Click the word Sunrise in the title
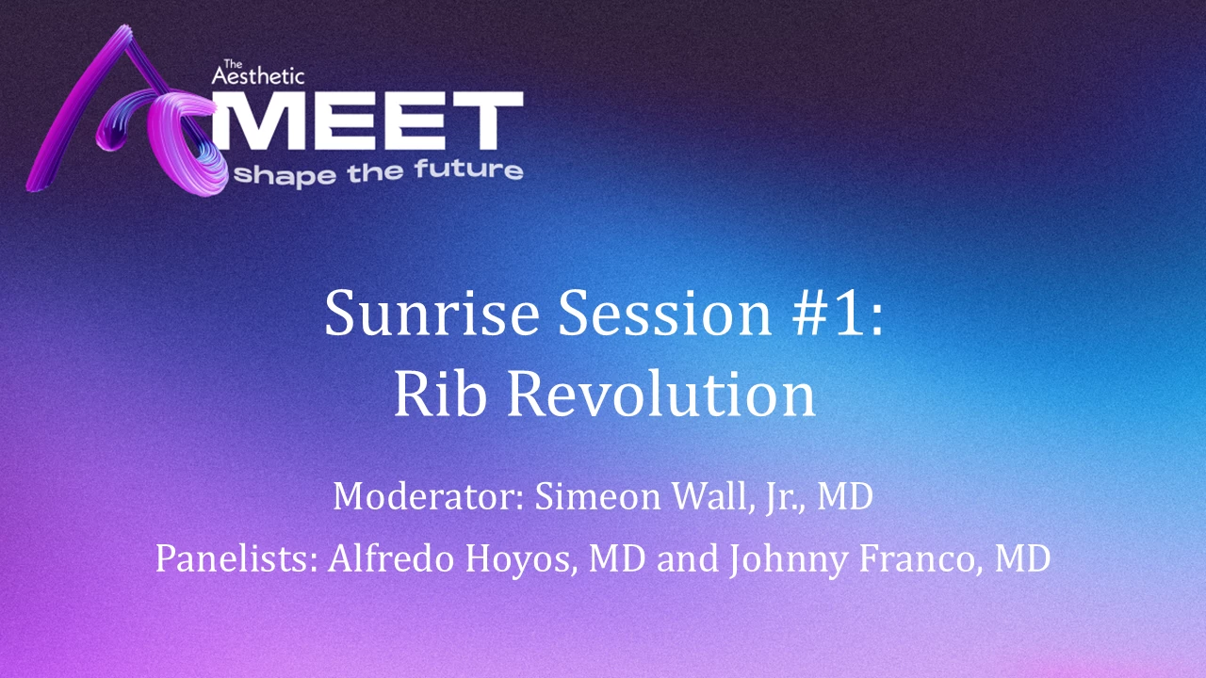(432, 314)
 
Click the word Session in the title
(665, 314)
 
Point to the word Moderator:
(429, 495)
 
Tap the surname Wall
(710, 495)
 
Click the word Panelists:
(236, 558)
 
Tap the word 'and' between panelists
(688, 558)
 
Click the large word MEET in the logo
(367, 121)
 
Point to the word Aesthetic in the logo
(258, 75)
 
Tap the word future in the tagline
(468, 170)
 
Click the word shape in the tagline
(285, 176)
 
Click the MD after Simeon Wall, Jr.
(845, 495)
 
